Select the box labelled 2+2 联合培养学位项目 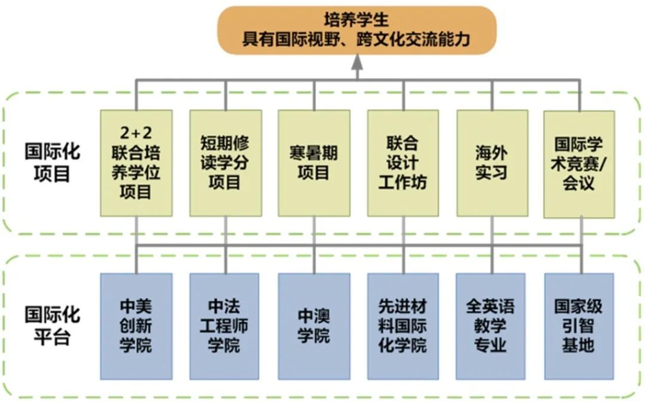136,162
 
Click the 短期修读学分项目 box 225,162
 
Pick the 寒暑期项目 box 314,162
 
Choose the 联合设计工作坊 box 403,162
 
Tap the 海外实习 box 492,162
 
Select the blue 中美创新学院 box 136,326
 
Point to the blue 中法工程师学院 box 225,326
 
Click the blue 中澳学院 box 314,326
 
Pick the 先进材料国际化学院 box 403,326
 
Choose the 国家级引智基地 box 579,326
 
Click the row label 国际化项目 52,162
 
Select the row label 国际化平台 52,326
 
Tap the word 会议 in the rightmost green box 579,183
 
